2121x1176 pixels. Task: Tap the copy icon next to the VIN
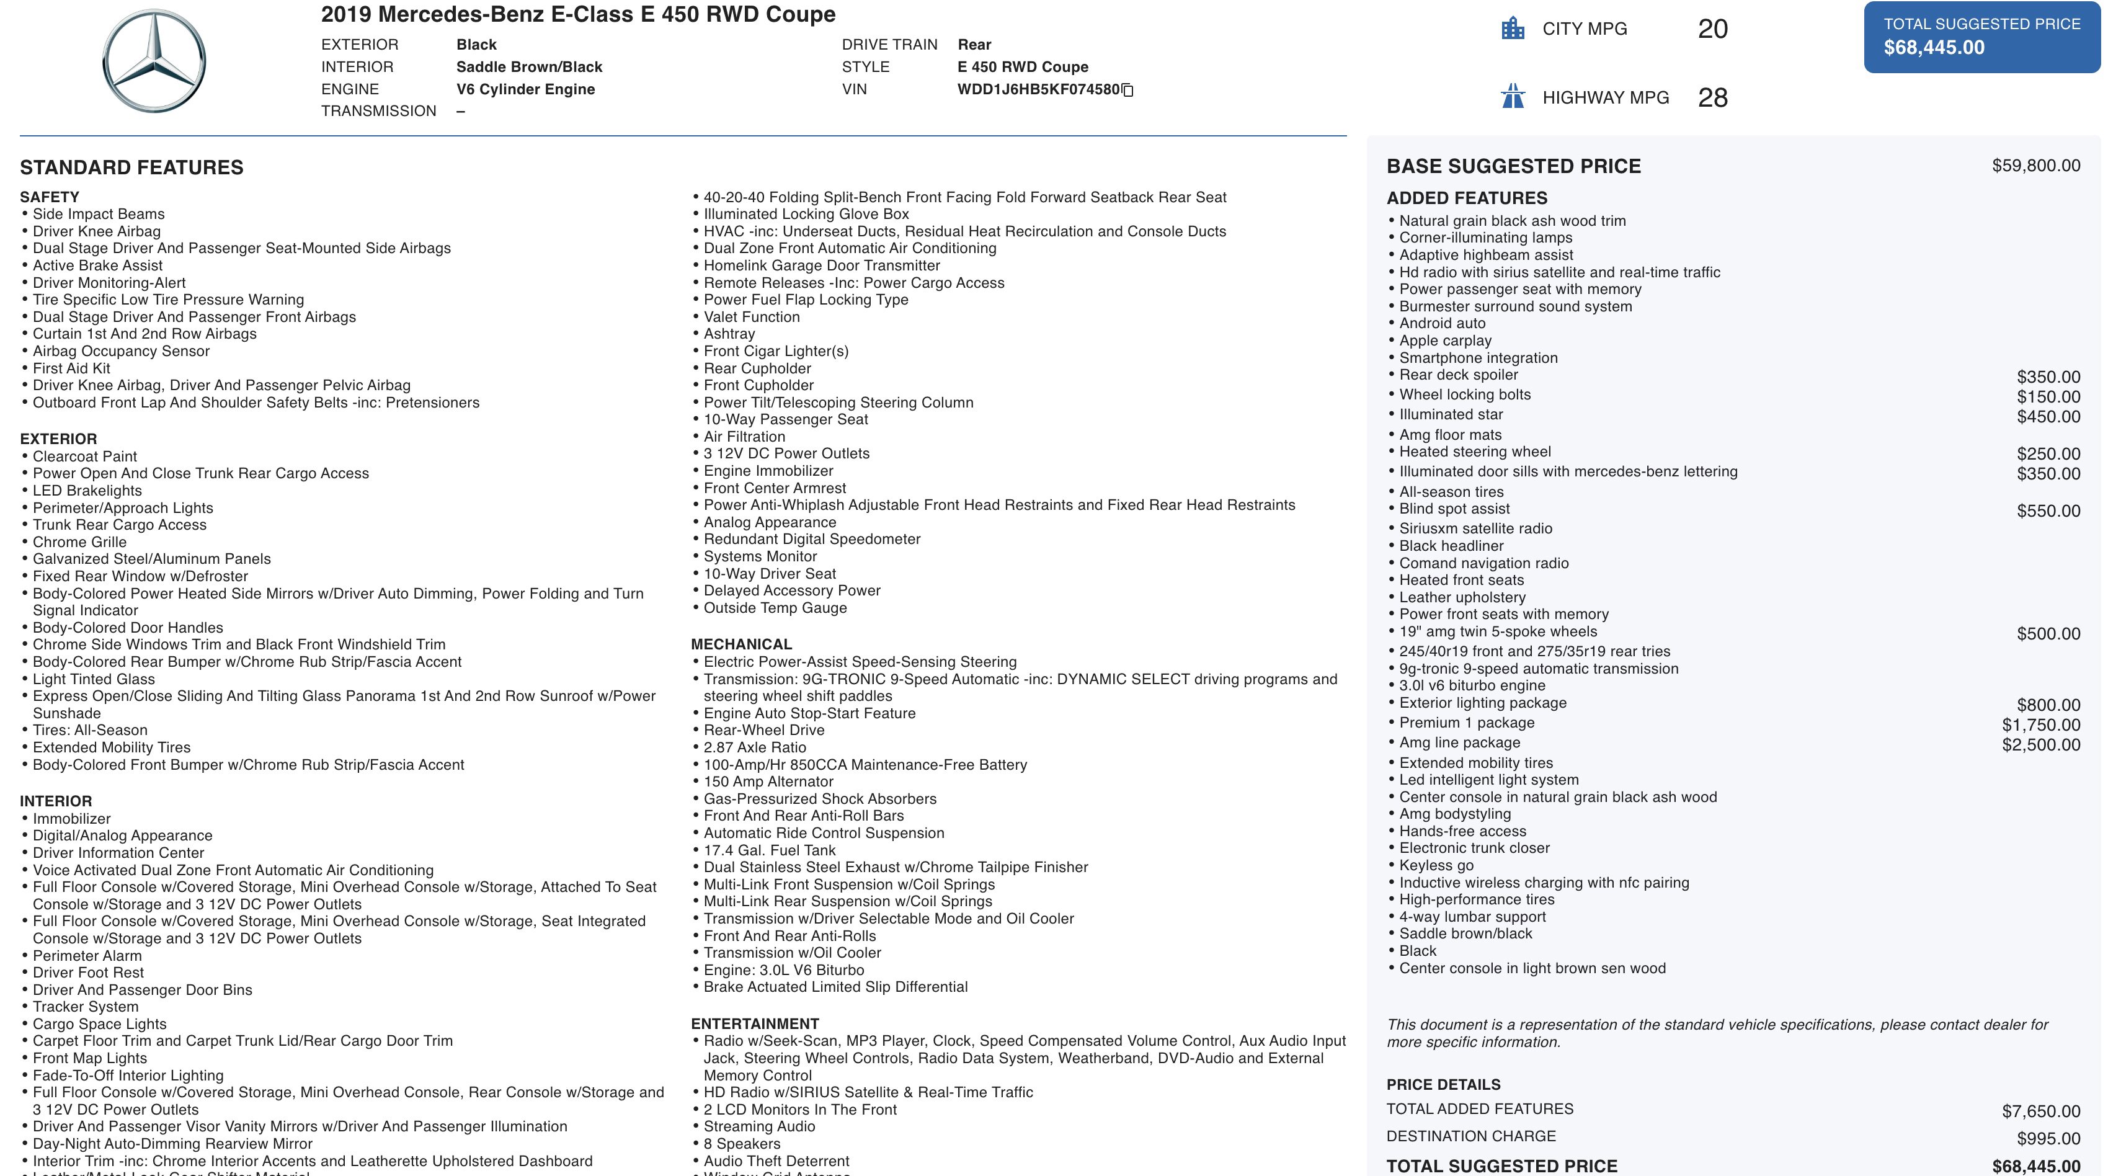click(1128, 91)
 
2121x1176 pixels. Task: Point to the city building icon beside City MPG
click(1513, 29)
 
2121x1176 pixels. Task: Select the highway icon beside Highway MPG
click(1513, 97)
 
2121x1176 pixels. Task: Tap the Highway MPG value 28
click(1712, 98)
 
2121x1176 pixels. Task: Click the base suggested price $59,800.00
click(2035, 166)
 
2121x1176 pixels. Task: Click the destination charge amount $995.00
click(2048, 1139)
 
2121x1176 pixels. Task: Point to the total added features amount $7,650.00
click(2040, 1111)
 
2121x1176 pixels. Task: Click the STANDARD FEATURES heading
click(131, 168)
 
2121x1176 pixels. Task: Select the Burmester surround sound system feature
click(1515, 307)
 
